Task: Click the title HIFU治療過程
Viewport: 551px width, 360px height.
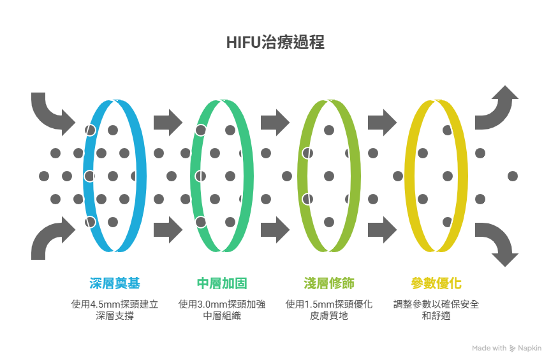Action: [275, 43]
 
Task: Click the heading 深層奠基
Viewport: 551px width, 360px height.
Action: [115, 283]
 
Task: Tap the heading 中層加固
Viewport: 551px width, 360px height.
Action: [222, 283]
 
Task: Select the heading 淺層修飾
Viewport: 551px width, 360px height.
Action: [329, 283]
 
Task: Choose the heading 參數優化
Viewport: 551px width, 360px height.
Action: [436, 283]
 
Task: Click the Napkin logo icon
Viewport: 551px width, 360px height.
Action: [513, 349]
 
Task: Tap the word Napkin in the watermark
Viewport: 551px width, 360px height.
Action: [530, 349]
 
